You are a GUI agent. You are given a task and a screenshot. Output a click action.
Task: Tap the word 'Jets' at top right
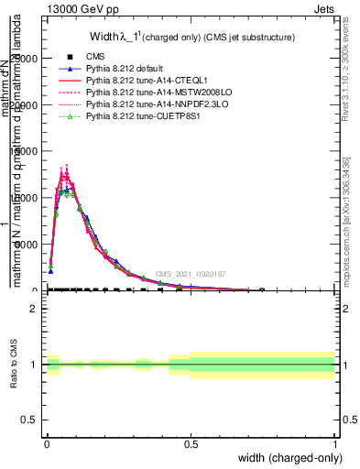point(324,10)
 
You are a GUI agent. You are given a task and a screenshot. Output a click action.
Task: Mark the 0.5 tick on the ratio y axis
point(30,420)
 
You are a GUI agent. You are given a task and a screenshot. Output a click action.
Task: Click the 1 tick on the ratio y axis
point(35,365)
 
